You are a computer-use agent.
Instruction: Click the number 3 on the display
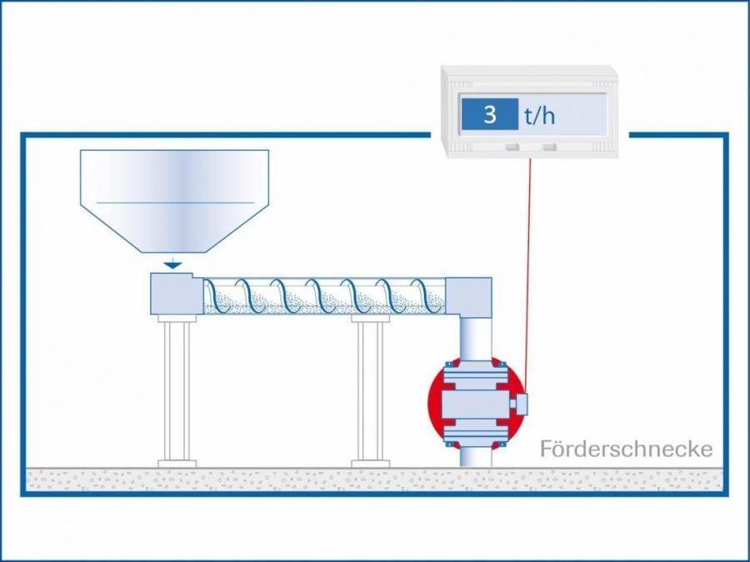[490, 115]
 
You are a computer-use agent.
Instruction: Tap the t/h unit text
[539, 116]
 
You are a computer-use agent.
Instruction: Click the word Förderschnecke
[626, 450]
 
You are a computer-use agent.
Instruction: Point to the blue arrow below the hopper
[172, 263]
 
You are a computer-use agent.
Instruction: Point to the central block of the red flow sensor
[475, 404]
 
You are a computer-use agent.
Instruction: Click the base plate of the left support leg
[177, 463]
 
